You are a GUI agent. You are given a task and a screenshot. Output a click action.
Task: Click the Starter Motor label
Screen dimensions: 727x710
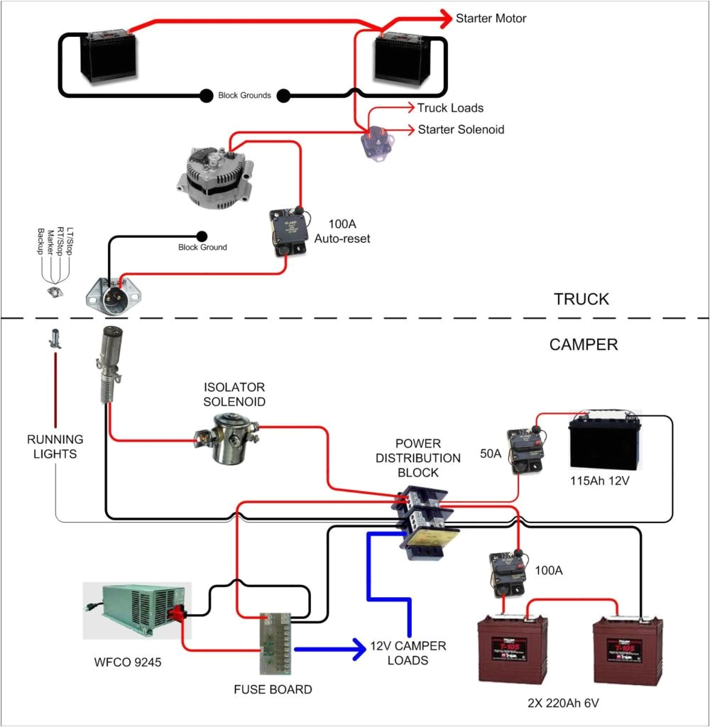(x=491, y=18)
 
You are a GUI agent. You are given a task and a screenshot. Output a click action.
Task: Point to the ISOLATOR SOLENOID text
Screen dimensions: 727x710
(x=234, y=395)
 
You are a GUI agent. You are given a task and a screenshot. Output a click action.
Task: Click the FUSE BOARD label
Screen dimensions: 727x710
(x=273, y=689)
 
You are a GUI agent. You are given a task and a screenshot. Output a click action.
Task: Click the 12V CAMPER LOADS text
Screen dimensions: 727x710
(x=408, y=653)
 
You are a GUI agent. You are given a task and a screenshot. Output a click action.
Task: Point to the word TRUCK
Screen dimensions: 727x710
(x=581, y=299)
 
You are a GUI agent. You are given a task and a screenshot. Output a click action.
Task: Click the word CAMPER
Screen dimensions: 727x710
(x=584, y=345)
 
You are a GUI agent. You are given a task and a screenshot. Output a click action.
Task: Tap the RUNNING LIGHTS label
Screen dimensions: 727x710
(x=55, y=447)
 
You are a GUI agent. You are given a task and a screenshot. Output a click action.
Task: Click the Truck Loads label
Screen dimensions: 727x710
(x=450, y=108)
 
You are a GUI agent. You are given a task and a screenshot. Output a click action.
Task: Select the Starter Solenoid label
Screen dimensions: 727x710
(x=461, y=129)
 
